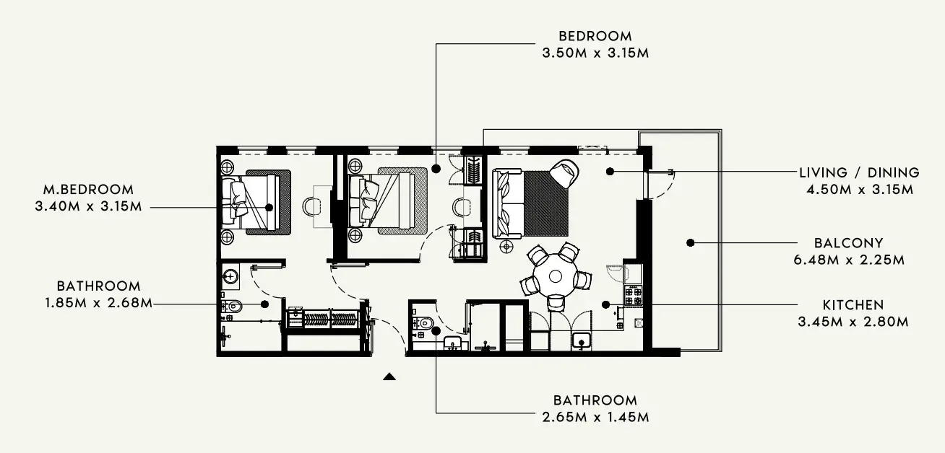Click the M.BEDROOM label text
[x=88, y=190]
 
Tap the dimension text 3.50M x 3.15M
[x=595, y=53]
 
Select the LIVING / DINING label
[x=859, y=173]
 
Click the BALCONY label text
[x=848, y=243]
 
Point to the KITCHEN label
[x=853, y=305]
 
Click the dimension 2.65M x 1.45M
[x=595, y=417]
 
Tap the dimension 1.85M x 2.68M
[x=98, y=303]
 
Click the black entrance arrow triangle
[x=389, y=377]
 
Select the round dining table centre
[x=555, y=276]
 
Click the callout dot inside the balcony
[x=690, y=242]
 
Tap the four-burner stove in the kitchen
[x=633, y=296]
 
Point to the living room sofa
[x=508, y=203]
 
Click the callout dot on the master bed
[x=269, y=207]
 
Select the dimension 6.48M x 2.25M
[x=849, y=260]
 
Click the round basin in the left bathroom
[x=230, y=277]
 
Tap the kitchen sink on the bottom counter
[x=582, y=341]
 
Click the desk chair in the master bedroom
[x=310, y=206]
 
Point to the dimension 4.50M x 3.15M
[x=860, y=190]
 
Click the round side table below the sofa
[x=506, y=246]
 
